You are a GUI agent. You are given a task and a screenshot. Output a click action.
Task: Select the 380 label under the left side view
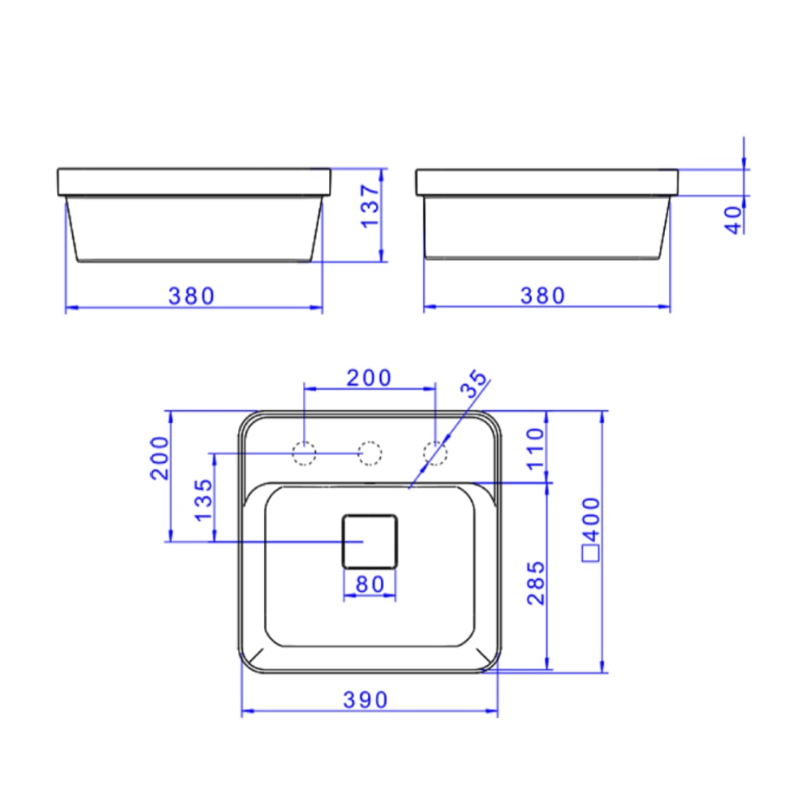tap(192, 296)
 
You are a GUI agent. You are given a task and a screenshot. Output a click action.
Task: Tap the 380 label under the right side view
tap(542, 296)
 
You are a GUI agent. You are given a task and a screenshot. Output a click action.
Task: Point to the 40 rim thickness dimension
tap(734, 219)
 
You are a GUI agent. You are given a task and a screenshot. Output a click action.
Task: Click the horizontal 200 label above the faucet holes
tap(369, 378)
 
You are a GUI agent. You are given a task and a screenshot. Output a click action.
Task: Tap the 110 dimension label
tap(535, 450)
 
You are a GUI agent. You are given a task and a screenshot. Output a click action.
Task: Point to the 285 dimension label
tap(536, 582)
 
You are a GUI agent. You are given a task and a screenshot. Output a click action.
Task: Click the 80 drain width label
tap(369, 583)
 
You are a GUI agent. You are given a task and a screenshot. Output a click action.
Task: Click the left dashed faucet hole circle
tap(304, 453)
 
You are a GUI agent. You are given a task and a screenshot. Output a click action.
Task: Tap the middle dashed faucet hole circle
tap(369, 453)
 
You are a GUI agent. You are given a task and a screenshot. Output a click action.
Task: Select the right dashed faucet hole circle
tap(436, 453)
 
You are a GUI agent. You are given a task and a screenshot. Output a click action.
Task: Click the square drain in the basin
tap(369, 541)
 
